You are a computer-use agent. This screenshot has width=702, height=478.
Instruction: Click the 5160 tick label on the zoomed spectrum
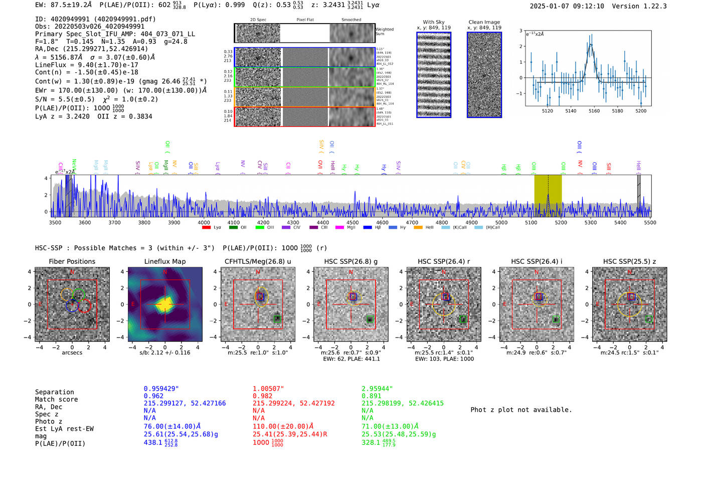pyautogui.click(x=594, y=111)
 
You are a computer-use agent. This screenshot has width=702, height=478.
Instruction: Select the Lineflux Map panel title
pyautogui.click(x=165, y=261)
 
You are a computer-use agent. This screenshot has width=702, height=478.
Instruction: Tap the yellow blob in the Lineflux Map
pyautogui.click(x=165, y=304)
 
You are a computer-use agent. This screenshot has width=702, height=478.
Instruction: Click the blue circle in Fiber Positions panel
pyautogui.click(x=72, y=305)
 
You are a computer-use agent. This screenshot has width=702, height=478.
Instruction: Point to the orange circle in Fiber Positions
pyautogui.click(x=67, y=294)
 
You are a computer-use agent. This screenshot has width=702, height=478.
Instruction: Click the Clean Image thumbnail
pyautogui.click(x=484, y=75)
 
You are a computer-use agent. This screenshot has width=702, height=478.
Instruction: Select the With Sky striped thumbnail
pyautogui.click(x=434, y=75)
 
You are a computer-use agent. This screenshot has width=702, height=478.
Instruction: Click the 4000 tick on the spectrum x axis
pyautogui.click(x=204, y=223)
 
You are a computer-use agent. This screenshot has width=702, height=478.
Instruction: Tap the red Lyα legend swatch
pyautogui.click(x=206, y=228)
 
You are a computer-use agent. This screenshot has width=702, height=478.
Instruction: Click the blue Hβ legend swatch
pyautogui.click(x=368, y=228)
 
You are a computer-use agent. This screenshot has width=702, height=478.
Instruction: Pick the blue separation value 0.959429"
pyautogui.click(x=161, y=389)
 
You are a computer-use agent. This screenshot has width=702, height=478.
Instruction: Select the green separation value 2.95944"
pyautogui.click(x=377, y=389)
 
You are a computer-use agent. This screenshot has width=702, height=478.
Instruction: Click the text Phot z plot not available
pyautogui.click(x=521, y=410)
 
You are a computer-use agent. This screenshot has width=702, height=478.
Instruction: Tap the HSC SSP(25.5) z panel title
pyautogui.click(x=629, y=261)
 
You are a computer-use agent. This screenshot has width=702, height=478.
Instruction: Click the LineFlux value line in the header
pyautogui.click(x=87, y=65)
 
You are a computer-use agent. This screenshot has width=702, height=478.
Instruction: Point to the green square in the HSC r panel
pyautogui.click(x=463, y=319)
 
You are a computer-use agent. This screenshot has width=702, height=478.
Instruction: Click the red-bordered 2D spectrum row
pyautogui.click(x=304, y=116)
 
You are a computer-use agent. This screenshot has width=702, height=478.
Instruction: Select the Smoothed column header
pyautogui.click(x=351, y=20)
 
